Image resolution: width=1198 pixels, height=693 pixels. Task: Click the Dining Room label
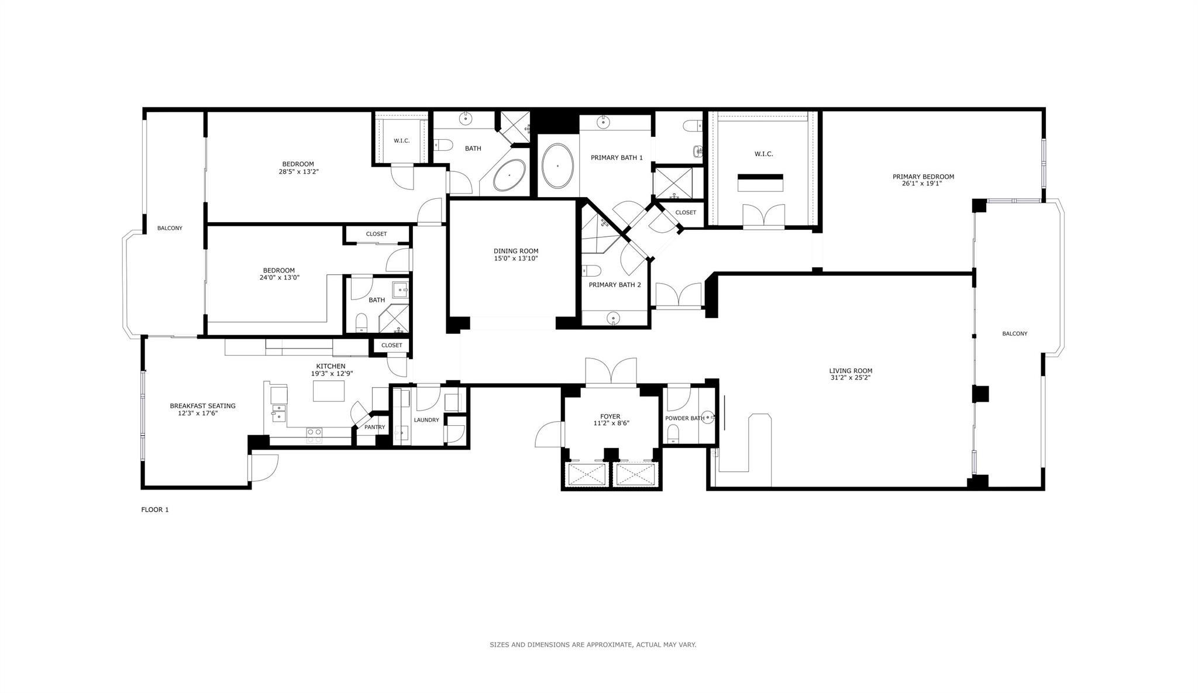pyautogui.click(x=515, y=251)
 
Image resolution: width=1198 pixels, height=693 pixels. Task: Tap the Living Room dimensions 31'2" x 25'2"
pyautogui.click(x=850, y=378)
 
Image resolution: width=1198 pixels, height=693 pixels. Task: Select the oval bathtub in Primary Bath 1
pyautogui.click(x=557, y=166)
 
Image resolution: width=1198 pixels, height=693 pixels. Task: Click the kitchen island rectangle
pyautogui.click(x=329, y=391)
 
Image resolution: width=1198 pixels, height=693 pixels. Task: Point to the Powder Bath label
pyautogui.click(x=684, y=418)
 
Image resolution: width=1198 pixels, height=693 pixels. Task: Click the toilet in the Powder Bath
pyautogui.click(x=673, y=433)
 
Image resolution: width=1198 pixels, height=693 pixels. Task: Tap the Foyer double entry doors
pyautogui.click(x=611, y=372)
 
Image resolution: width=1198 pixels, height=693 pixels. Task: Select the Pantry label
pyautogui.click(x=374, y=427)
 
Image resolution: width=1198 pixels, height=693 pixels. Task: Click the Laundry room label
pyautogui.click(x=426, y=420)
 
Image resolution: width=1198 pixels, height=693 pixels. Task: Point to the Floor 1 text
pyautogui.click(x=154, y=509)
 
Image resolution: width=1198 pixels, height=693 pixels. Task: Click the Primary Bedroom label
pyautogui.click(x=922, y=177)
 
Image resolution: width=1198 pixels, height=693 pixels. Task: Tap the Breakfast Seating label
pyautogui.click(x=202, y=406)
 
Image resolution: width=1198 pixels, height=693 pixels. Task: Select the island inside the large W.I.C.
pyautogui.click(x=760, y=183)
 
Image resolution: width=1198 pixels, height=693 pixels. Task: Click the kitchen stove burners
pyautogui.click(x=314, y=433)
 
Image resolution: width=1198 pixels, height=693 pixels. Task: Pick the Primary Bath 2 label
pyautogui.click(x=615, y=285)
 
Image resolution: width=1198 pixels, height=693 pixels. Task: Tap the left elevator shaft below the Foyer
pyautogui.click(x=587, y=474)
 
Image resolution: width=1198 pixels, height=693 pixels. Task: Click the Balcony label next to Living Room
pyautogui.click(x=1014, y=333)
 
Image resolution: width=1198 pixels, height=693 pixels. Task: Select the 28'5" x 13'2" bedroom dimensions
pyautogui.click(x=298, y=172)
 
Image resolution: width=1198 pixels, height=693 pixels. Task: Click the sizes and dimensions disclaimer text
pyautogui.click(x=593, y=644)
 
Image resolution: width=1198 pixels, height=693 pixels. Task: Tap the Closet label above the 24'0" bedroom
pyautogui.click(x=376, y=234)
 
